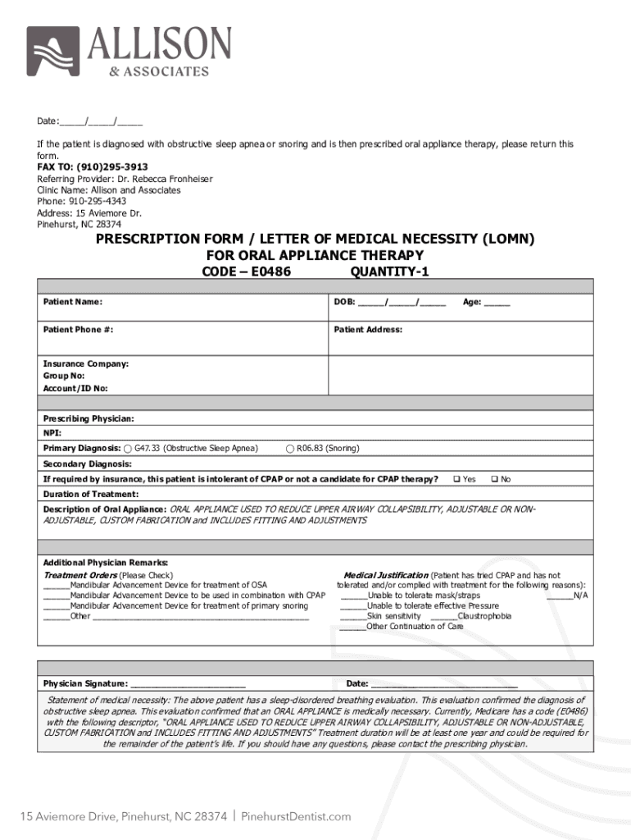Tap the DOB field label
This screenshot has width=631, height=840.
coord(343,302)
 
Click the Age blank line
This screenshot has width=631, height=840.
coord(497,302)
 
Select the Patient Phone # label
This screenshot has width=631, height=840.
coord(78,330)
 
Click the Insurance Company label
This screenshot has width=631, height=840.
coord(85,363)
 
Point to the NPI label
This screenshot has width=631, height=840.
coord(52,433)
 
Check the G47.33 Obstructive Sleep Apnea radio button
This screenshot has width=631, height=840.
coord(128,448)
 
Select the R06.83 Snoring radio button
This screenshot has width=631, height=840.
coord(290,448)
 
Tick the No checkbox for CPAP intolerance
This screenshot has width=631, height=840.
coord(493,479)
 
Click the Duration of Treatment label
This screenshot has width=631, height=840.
coord(90,495)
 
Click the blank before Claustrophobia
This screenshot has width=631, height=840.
coord(443,616)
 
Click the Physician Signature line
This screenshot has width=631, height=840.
coord(188,683)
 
